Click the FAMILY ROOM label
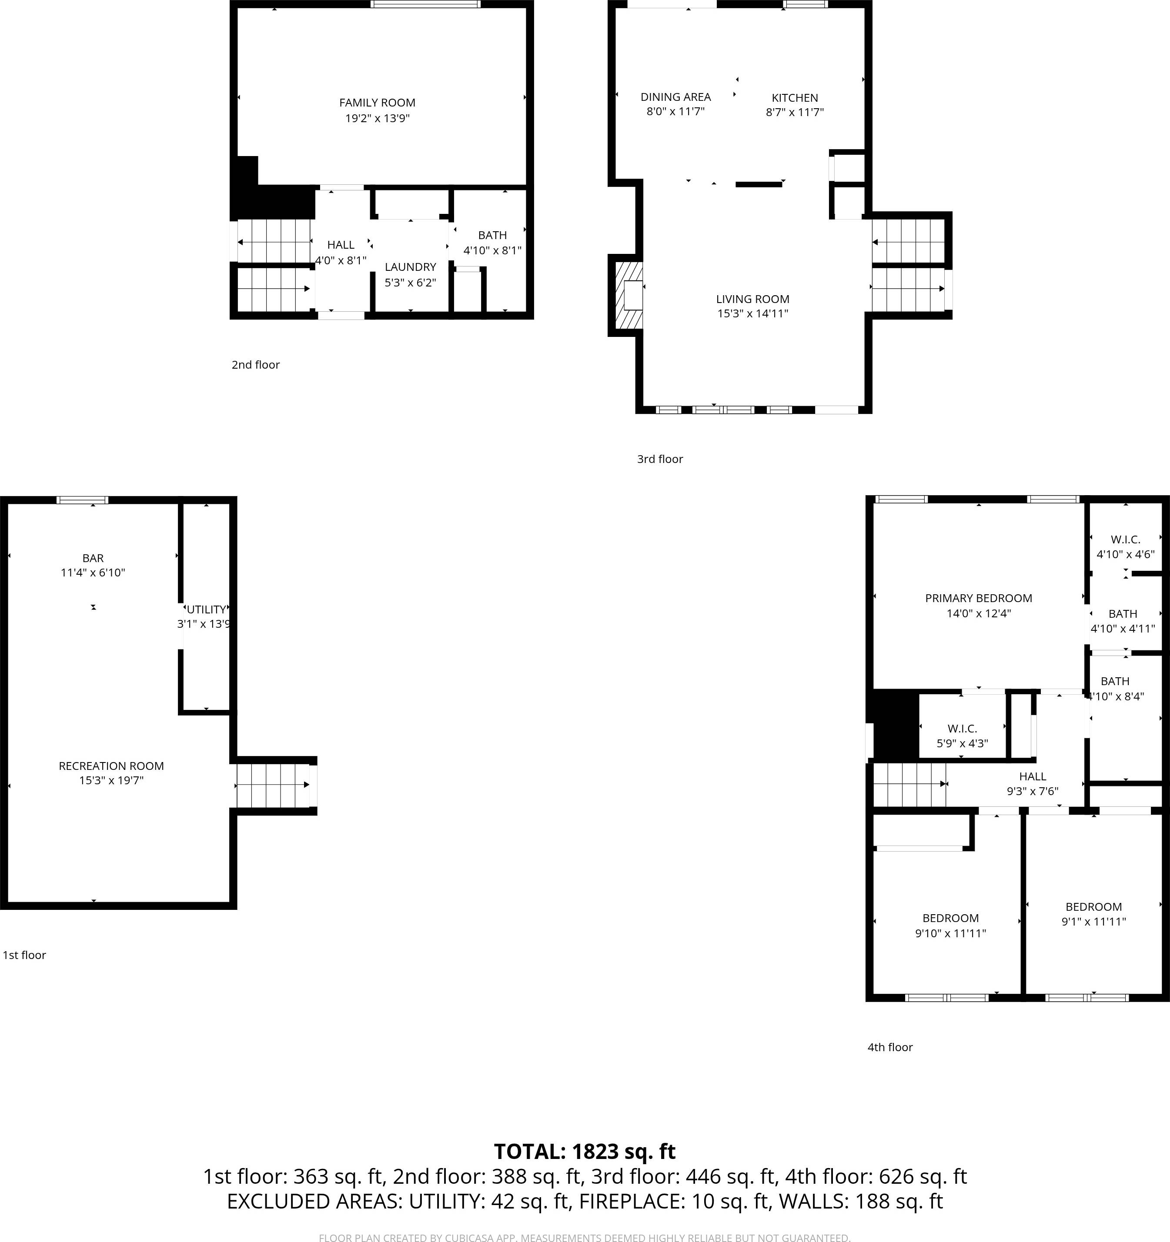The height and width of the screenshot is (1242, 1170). [377, 103]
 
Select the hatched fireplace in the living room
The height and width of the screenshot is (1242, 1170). [629, 296]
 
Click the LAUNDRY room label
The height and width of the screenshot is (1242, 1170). [410, 267]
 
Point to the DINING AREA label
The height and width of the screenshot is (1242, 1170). [675, 97]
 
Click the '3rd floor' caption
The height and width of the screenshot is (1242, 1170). [659, 459]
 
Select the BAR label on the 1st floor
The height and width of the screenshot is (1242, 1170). [93, 558]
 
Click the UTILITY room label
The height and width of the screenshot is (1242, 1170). [206, 609]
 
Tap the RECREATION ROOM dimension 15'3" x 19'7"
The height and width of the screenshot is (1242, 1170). [111, 780]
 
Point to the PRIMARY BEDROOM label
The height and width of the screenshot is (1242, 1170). [978, 598]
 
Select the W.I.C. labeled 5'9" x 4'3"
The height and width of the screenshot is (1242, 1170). [962, 735]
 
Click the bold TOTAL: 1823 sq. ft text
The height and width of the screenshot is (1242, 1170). [585, 1152]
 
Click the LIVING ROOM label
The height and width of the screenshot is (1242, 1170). [752, 299]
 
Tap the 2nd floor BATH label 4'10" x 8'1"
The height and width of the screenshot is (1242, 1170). [492, 243]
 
